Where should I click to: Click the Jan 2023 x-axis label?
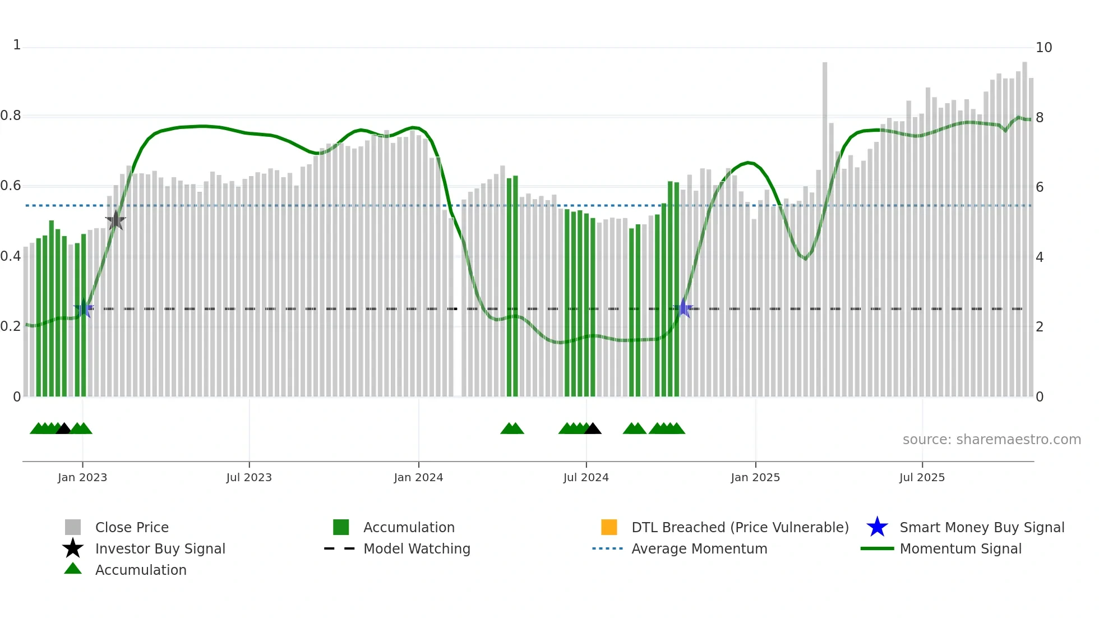(82, 478)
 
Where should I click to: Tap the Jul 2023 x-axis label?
(249, 478)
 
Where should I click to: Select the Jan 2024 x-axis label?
(418, 478)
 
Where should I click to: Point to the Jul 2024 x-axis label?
(586, 478)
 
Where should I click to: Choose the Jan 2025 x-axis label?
(755, 478)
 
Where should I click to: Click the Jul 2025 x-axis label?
(922, 478)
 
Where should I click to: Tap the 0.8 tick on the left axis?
(11, 116)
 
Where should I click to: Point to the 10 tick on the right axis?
(1043, 48)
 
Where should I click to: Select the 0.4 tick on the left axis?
(11, 257)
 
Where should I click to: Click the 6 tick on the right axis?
(1040, 187)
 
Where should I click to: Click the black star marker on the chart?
(116, 221)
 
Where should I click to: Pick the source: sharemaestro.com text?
(991, 440)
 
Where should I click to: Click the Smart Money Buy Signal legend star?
(877, 527)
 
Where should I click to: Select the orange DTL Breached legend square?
(609, 527)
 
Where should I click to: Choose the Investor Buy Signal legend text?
(160, 549)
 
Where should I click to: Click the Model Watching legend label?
(417, 549)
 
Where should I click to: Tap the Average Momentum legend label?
(699, 549)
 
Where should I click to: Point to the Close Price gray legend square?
(73, 527)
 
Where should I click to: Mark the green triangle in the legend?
(73, 569)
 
